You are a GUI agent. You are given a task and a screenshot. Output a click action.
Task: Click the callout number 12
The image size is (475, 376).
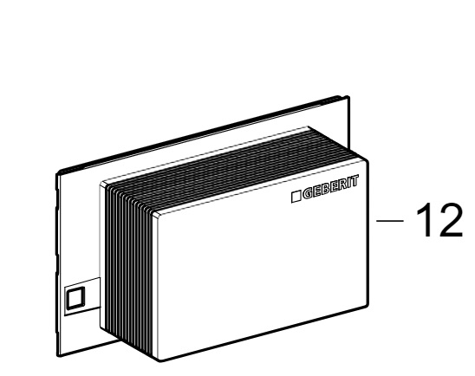click(x=439, y=220)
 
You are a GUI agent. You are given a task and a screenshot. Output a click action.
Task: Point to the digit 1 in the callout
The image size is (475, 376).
click(x=426, y=220)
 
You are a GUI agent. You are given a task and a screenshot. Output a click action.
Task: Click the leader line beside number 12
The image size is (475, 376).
click(x=390, y=221)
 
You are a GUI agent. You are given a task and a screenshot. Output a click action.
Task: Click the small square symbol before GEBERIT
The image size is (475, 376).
click(x=296, y=197)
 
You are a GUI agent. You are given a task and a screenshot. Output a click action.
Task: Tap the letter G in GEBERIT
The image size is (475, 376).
click(x=308, y=194)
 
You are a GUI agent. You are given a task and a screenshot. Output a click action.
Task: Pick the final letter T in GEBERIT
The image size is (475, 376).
click(x=355, y=181)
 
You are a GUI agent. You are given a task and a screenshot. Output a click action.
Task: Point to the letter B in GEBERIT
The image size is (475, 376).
click(x=326, y=189)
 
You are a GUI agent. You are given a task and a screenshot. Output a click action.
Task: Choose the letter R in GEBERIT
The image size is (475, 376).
click(x=342, y=185)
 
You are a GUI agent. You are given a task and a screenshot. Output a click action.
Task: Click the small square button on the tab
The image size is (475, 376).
click(x=75, y=297)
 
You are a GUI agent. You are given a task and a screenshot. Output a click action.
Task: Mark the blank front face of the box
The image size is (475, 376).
click(x=262, y=261)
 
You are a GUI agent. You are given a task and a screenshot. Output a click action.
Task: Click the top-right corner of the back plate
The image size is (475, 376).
click(x=348, y=96)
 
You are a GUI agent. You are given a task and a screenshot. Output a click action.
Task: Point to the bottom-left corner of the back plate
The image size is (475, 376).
click(x=58, y=355)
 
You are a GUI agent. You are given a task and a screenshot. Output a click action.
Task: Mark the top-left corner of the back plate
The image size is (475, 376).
click(x=57, y=173)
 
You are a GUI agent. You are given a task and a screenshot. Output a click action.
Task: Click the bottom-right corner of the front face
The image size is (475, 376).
click(x=368, y=305)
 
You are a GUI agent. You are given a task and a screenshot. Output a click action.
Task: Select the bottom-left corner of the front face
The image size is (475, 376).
click(x=160, y=360)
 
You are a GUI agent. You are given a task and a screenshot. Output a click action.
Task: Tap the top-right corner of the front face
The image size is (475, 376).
click(x=368, y=159)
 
